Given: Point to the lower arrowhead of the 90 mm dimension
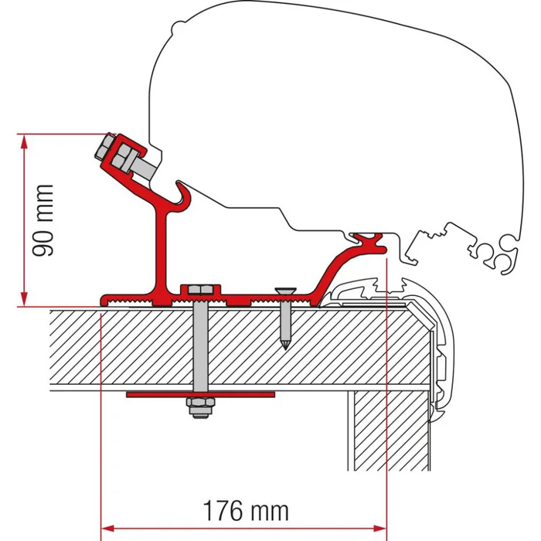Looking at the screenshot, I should tap(26, 301).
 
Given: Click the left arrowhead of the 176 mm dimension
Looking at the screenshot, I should tap(107, 529).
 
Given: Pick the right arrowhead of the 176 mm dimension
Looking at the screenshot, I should tap(379, 529).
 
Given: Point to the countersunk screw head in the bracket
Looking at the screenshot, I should tap(284, 292).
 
